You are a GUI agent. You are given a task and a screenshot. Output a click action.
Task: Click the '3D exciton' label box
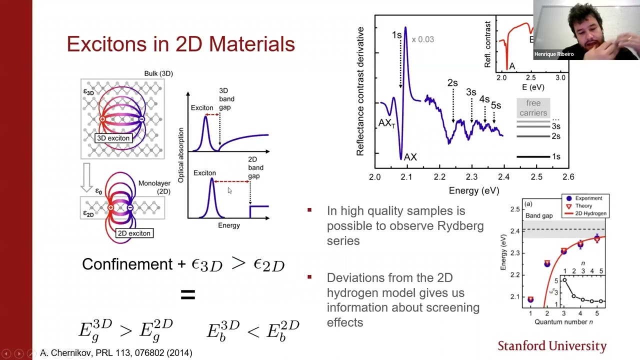[113, 138]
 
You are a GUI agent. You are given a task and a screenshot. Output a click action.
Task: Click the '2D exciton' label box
[133, 233]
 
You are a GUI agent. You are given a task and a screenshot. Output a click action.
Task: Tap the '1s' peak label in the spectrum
[396, 35]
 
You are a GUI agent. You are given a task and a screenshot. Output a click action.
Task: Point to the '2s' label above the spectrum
[452, 83]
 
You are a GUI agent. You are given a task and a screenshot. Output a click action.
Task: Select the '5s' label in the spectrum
[495, 105]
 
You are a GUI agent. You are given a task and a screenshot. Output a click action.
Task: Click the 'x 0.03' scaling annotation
[422, 39]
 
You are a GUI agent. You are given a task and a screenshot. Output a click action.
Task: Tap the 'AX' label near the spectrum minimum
[410, 157]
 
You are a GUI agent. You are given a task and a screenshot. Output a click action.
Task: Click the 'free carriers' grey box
[533, 108]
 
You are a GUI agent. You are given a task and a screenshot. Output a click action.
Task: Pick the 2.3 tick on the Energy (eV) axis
[471, 177]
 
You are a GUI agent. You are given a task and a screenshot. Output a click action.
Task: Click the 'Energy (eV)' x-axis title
[473, 190]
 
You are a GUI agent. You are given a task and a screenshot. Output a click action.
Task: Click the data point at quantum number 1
[530, 299]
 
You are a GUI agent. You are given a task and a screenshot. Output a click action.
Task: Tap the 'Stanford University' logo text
[552, 346]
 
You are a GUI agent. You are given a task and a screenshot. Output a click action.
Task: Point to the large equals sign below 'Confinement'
[187, 294]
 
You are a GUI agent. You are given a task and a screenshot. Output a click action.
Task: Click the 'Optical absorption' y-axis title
[181, 154]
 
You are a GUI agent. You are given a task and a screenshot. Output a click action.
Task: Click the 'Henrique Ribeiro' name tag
[553, 54]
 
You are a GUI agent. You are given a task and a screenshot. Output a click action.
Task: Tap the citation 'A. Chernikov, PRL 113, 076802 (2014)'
[116, 353]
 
